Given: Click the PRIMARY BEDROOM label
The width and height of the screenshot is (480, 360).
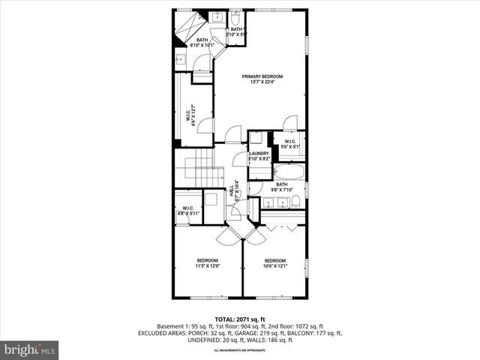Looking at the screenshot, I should click(x=262, y=76).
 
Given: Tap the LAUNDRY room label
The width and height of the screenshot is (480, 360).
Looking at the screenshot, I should click(x=259, y=154).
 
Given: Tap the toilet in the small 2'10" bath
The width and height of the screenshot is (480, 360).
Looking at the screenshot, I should click(x=235, y=18).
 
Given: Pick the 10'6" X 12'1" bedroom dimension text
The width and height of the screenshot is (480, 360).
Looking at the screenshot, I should click(x=276, y=265).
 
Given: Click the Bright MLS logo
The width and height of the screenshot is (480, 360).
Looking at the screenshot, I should click(x=30, y=349).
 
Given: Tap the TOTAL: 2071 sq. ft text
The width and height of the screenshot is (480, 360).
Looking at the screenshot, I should click(x=239, y=319).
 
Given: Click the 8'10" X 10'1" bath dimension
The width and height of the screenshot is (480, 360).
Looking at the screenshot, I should click(x=202, y=45).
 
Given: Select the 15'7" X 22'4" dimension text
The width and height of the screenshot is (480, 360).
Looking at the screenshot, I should click(x=262, y=82).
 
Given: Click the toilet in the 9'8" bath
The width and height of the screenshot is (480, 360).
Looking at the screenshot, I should click(x=295, y=201).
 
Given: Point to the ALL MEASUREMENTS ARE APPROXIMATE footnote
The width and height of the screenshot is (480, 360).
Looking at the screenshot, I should click(x=239, y=350).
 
